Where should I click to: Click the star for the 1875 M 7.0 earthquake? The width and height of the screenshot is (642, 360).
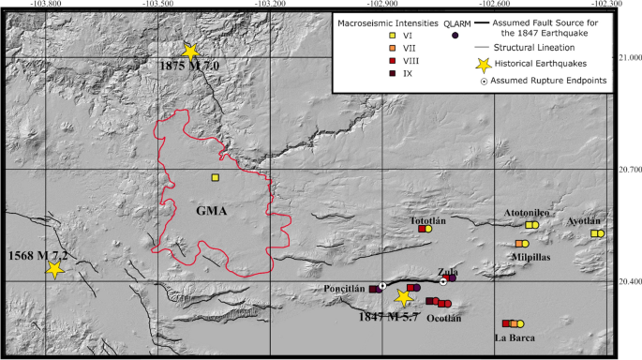190,52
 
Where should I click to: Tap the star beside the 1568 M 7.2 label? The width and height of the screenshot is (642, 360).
54,269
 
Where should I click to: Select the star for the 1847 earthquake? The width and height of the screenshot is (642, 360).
404,298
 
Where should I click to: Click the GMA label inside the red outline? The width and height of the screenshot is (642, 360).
211,210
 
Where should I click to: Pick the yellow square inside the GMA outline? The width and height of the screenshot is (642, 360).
216,177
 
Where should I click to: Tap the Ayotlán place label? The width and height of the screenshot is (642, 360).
586,222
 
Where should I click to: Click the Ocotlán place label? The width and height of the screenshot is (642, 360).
444,318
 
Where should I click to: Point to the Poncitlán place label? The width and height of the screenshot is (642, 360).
344,289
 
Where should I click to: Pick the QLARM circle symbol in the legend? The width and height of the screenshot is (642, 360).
455,35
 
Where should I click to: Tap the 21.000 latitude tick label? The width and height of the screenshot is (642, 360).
627,58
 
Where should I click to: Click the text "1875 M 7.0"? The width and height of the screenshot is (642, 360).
187,67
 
